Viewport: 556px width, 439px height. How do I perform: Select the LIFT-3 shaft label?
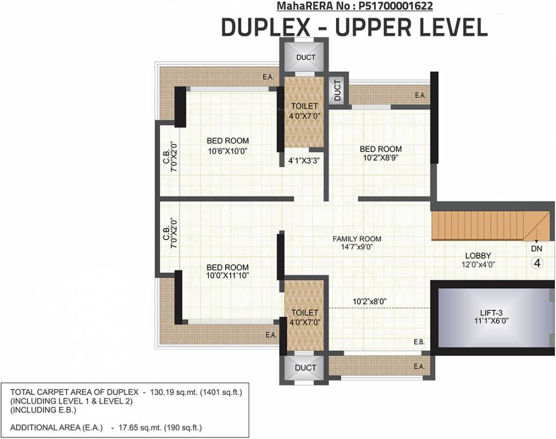point(491,313)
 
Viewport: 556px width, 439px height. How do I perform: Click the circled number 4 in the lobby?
point(537,263)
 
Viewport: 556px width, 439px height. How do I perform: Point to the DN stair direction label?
point(537,249)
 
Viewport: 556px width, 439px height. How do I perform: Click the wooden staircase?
point(480,226)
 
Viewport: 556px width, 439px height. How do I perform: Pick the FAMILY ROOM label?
point(357,239)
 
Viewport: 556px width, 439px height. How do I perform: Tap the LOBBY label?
point(478,256)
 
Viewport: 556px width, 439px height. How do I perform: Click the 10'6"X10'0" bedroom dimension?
point(227,151)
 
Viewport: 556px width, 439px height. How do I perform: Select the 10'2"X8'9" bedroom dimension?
point(381,157)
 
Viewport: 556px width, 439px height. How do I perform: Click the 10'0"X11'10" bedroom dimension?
point(227,276)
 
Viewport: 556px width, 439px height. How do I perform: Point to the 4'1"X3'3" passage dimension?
point(303,161)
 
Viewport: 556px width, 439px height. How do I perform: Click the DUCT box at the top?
point(306,57)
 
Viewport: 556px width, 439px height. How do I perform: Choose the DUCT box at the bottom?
point(306,368)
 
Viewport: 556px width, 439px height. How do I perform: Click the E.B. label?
point(419,342)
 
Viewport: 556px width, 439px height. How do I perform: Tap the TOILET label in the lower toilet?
point(305,313)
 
